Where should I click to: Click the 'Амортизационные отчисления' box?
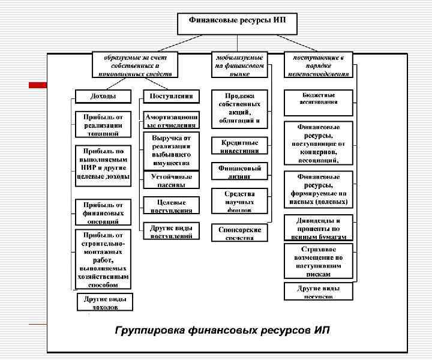172,119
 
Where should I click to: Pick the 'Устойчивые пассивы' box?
172,180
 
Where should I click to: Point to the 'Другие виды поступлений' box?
172,232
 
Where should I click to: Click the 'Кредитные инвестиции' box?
239,146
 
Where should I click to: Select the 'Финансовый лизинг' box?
239,172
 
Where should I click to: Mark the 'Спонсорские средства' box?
239,233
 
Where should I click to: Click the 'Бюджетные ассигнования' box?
318,100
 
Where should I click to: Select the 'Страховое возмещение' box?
318,261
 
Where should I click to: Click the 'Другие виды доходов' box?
105,302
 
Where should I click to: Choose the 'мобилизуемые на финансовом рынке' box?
239,65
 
